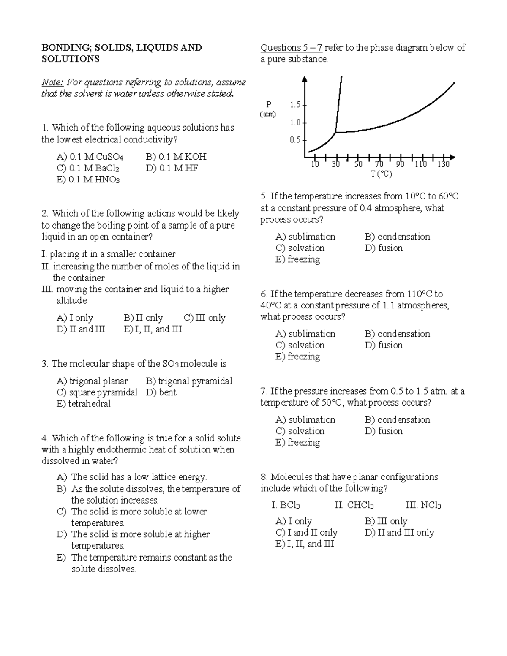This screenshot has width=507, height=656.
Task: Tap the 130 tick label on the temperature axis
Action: pyautogui.click(x=443, y=165)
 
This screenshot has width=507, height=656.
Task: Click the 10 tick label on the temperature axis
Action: pyautogui.click(x=315, y=165)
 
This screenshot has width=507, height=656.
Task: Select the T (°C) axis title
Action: pyautogui.click(x=382, y=174)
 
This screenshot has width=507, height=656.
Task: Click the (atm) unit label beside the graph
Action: pyautogui.click(x=268, y=114)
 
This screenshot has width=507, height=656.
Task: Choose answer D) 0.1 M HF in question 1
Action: pyautogui.click(x=172, y=168)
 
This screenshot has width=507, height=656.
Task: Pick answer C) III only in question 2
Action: pyautogui.click(x=204, y=318)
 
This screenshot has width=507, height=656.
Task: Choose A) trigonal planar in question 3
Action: pyautogui.click(x=92, y=381)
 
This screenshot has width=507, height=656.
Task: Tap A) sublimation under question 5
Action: pyautogui.click(x=305, y=237)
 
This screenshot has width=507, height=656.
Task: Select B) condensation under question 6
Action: pyautogui.click(x=397, y=334)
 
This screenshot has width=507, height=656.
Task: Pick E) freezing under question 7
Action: pyautogui.click(x=297, y=442)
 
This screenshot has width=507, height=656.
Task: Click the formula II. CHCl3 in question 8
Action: pyautogui.click(x=354, y=505)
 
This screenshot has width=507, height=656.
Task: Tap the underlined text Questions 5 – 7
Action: pyautogui.click(x=291, y=48)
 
